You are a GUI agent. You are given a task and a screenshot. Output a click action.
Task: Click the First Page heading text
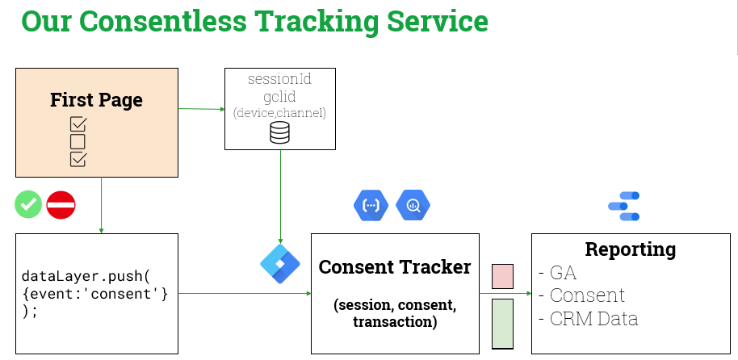96,100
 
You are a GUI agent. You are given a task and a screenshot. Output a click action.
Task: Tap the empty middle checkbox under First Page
78,141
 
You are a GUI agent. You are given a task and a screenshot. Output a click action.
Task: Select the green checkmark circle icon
28,204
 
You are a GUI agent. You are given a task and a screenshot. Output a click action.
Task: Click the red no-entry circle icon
61,204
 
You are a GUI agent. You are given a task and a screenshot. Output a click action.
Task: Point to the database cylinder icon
279,133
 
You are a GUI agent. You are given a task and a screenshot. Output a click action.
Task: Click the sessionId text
279,79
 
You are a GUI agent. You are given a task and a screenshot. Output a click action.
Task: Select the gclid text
279,96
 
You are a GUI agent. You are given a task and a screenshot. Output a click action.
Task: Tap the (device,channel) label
279,113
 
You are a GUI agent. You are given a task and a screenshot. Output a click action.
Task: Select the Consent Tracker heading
395,266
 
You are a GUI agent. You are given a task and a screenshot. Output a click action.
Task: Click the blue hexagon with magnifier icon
413,205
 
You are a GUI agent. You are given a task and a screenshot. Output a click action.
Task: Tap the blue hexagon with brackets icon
371,205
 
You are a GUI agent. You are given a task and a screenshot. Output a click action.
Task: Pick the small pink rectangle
502,275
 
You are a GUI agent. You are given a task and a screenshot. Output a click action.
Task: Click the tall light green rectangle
502,323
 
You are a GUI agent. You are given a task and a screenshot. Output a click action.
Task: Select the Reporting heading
630,249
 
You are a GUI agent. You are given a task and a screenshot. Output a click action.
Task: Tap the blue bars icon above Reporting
624,206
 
